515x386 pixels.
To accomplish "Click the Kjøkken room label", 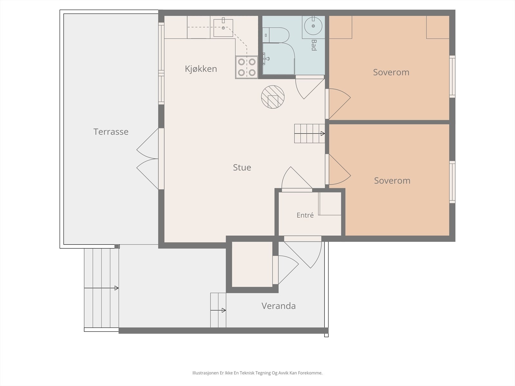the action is click(201, 69).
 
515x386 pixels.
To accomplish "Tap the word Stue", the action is click(242, 167).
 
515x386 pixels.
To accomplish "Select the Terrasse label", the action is click(111, 132).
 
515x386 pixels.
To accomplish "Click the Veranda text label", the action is click(278, 306).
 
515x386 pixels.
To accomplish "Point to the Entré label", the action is click(305, 215).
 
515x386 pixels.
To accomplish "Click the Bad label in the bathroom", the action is click(314, 45).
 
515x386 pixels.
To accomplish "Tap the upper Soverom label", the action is click(391, 72).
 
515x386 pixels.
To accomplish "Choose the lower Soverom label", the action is click(392, 180).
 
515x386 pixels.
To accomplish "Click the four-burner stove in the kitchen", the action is click(247, 67).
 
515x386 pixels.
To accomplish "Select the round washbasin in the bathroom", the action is click(313, 26).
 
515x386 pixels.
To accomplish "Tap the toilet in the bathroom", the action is click(276, 35).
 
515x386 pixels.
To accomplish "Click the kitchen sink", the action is click(223, 28).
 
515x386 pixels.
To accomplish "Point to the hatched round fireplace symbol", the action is click(273, 97).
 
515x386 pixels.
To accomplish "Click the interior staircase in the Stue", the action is click(310, 133).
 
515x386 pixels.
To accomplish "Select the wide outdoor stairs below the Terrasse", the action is click(101, 288).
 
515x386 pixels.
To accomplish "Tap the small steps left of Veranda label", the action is click(218, 310).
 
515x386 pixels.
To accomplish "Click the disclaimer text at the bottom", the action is click(257, 373).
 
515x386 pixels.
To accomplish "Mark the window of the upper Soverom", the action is click(452, 77).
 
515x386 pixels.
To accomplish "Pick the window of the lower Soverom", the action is click(452, 182).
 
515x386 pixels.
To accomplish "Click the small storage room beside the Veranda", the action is click(252, 264).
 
